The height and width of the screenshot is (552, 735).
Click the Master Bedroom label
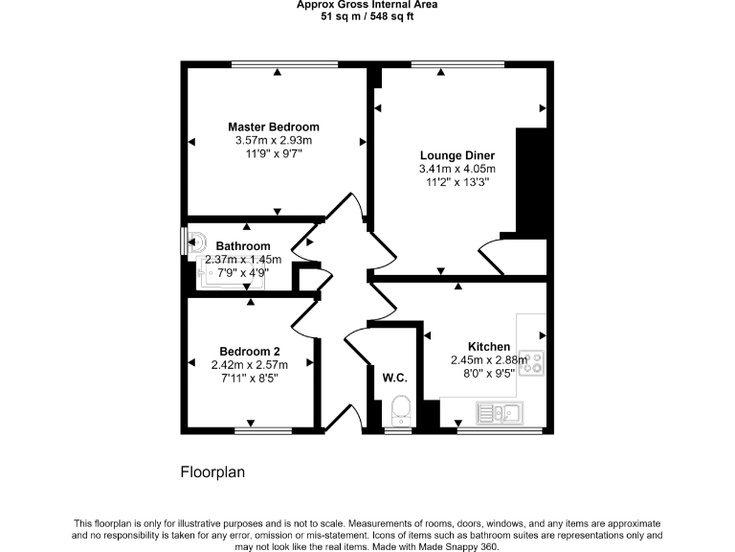(274, 126)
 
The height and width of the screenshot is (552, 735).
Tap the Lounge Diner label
(457, 155)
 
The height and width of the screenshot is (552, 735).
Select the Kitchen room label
(488, 347)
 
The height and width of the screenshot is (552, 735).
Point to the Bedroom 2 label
(250, 351)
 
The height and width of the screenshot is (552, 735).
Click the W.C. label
(395, 377)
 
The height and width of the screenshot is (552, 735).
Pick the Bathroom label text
(243, 246)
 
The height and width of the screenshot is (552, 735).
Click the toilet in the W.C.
(400, 409)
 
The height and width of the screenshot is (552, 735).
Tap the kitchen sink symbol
(499, 414)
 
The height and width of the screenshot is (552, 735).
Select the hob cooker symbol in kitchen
(532, 361)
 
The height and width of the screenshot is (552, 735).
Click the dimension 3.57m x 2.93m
(274, 140)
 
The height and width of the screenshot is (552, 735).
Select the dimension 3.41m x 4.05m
(457, 169)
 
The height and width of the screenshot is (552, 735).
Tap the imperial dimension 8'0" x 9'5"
(488, 374)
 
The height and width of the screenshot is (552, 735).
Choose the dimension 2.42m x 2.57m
(250, 364)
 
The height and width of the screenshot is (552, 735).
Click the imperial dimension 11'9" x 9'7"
(274, 153)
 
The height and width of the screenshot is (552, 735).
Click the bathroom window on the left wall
(184, 241)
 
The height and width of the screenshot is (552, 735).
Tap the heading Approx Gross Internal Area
(367, 5)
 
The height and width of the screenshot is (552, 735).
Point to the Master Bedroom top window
(284, 65)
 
